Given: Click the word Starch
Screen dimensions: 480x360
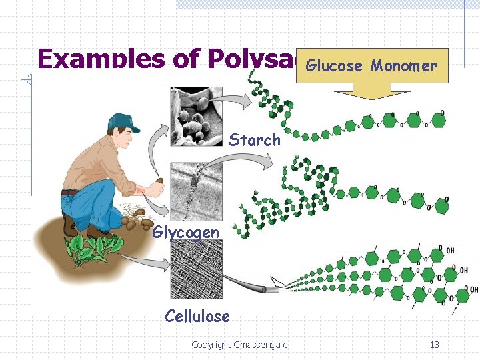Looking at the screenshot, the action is (255, 140).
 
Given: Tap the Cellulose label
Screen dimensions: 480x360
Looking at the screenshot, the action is (197, 316).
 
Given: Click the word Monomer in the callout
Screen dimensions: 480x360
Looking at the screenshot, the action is (404, 65).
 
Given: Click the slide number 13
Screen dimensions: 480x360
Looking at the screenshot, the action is (434, 345).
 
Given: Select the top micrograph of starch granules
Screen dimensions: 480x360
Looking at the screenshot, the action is (196, 116).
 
